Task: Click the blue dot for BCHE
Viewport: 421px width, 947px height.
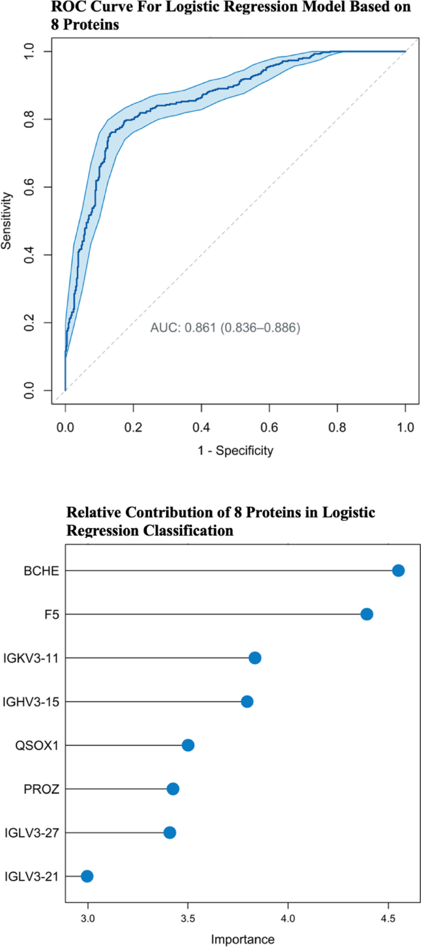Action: pos(398,571)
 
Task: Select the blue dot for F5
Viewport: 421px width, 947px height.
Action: pos(367,614)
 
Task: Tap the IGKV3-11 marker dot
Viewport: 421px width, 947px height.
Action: pos(255,658)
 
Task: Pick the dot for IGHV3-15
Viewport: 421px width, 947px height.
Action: pos(247,702)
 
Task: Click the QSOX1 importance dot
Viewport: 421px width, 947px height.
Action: pos(188,745)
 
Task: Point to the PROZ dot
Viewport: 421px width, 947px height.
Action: pos(173,789)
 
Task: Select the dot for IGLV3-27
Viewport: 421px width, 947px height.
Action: pos(170,833)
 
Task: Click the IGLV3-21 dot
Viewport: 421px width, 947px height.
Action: pos(87,876)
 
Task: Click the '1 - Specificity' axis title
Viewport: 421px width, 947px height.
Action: pos(235,451)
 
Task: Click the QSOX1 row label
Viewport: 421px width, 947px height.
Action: pos(37,745)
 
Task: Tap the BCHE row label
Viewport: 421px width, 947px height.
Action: pos(41,571)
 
